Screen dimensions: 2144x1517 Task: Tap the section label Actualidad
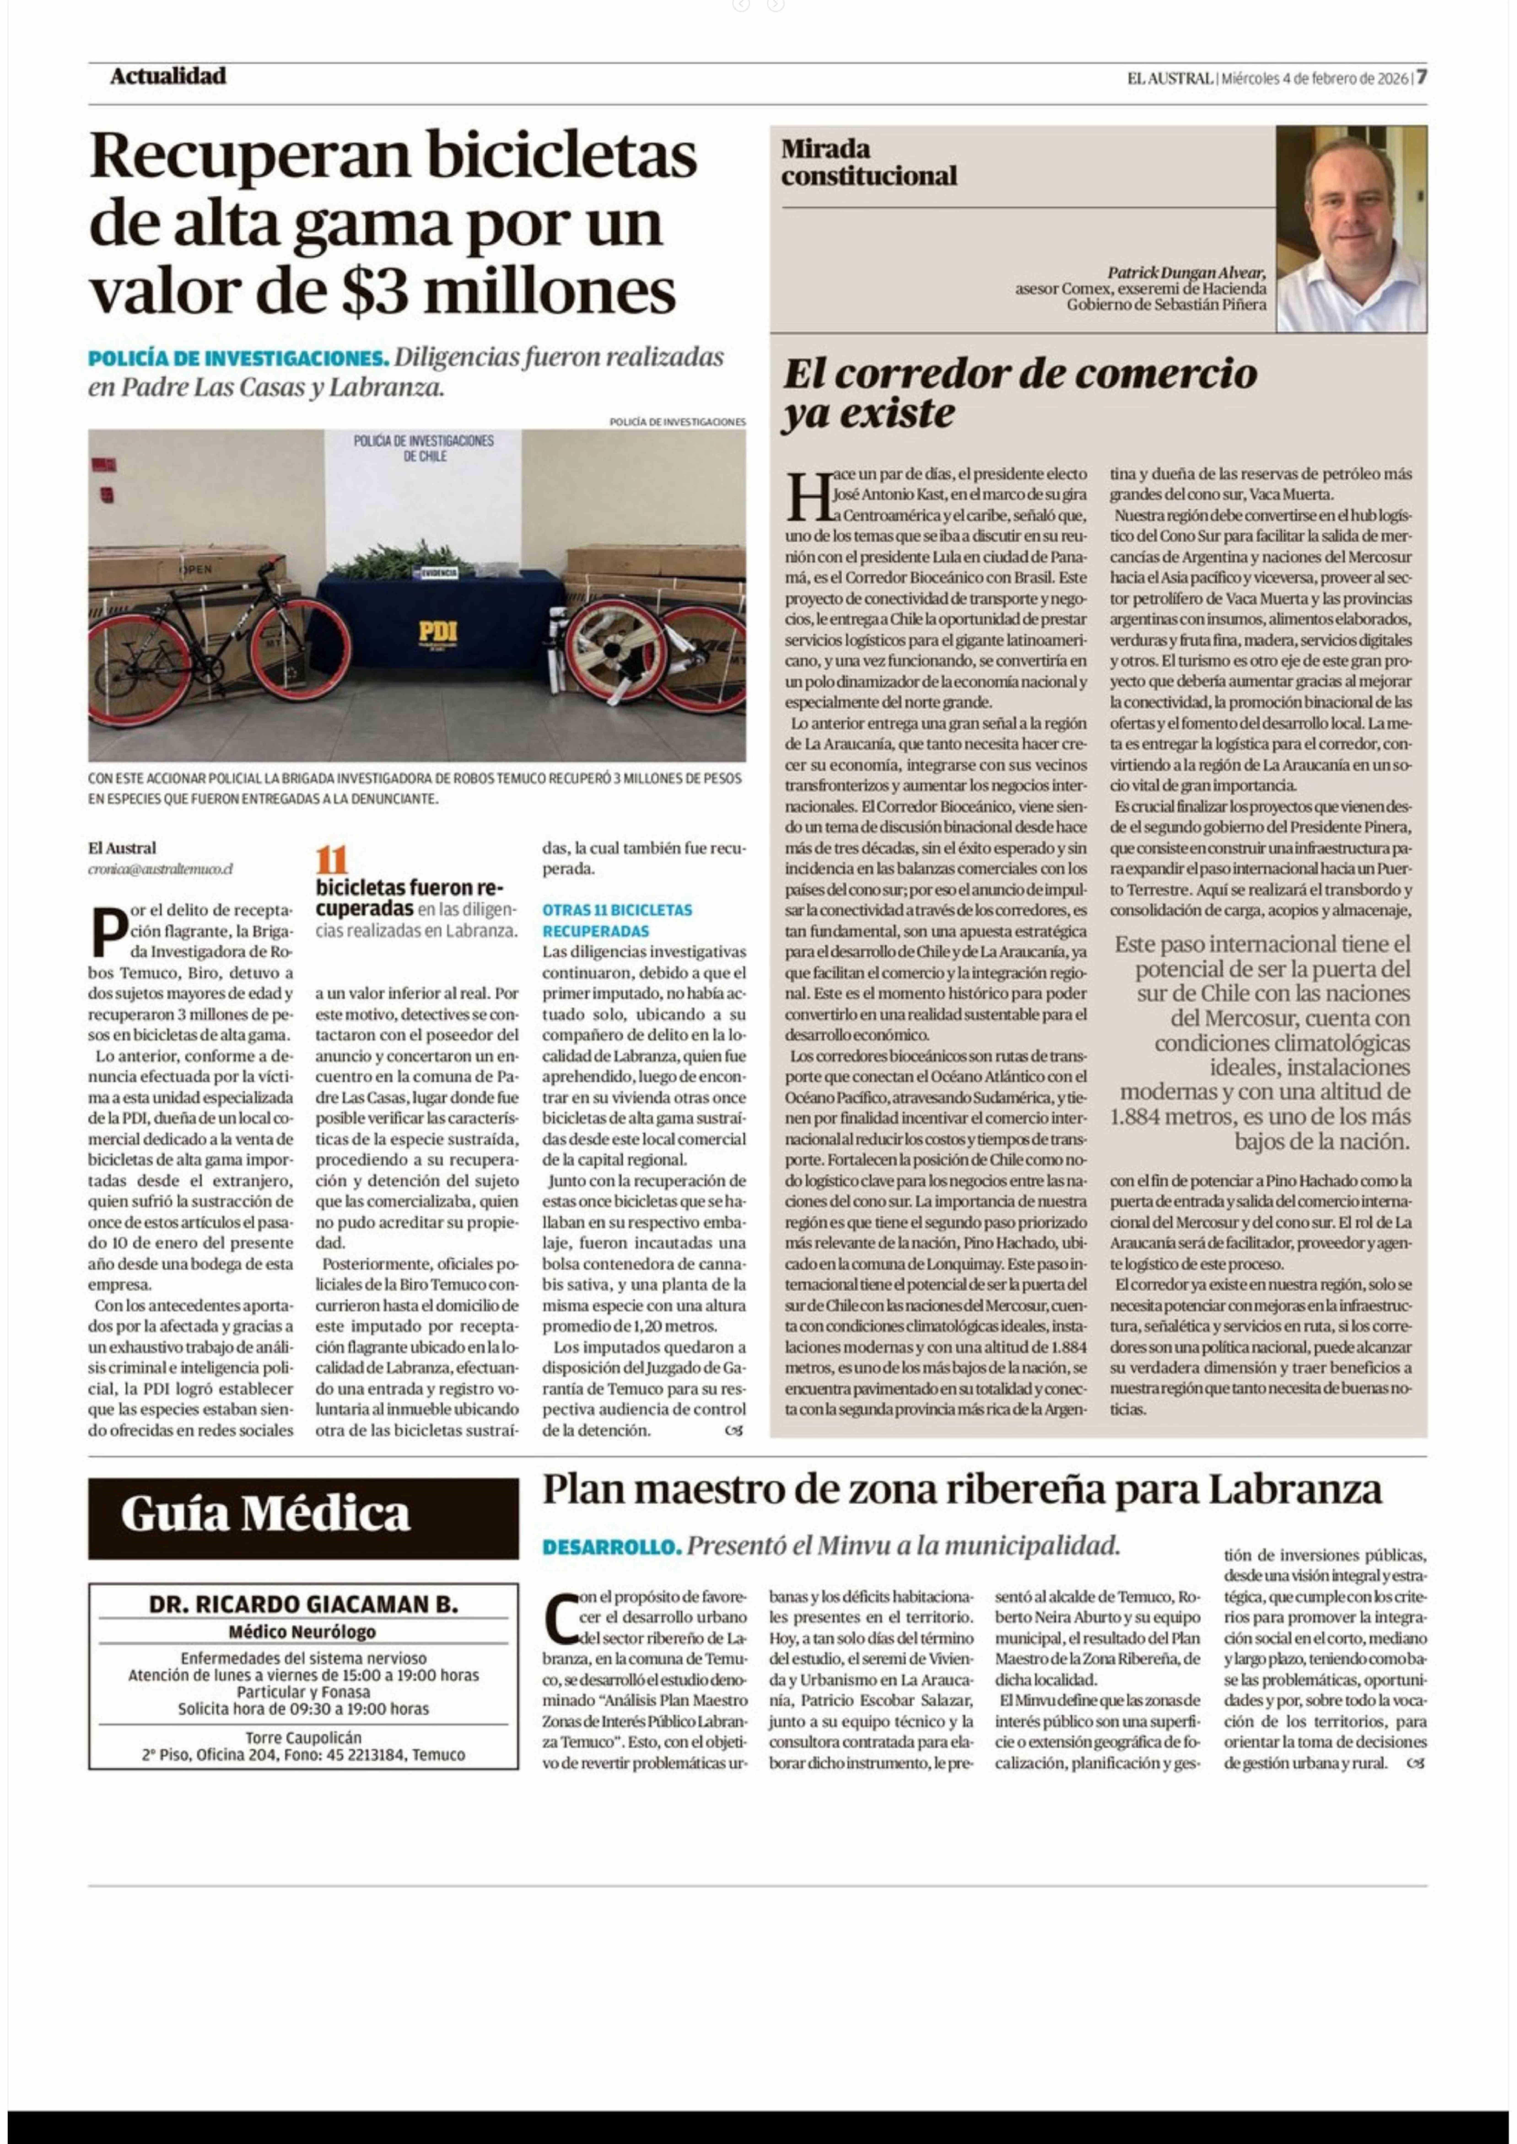point(168,77)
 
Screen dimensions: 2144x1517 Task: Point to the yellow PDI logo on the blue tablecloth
point(437,632)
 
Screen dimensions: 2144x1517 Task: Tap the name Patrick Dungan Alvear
point(1186,273)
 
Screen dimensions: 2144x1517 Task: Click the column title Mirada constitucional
point(869,162)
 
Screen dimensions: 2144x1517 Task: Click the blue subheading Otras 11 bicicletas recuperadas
point(617,920)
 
